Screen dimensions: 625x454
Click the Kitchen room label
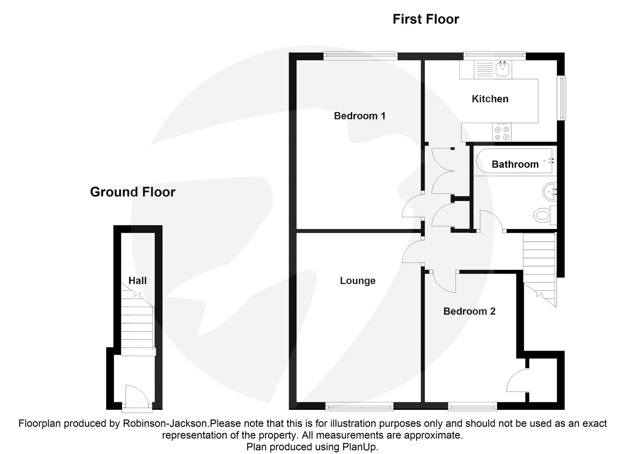(490, 99)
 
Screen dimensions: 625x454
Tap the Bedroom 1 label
(360, 116)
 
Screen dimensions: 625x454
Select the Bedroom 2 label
(469, 311)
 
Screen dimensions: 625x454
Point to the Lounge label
(357, 281)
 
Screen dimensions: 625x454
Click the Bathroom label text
(515, 164)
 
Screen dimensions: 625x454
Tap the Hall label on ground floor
(137, 281)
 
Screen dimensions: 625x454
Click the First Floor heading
(426, 19)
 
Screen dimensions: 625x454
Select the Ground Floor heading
(133, 192)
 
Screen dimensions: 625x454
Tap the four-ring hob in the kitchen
(502, 133)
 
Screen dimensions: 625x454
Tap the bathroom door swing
(492, 221)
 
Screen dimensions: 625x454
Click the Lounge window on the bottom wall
(359, 408)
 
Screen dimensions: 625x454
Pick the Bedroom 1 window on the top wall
(360, 55)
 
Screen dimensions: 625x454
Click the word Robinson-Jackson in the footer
(166, 423)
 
